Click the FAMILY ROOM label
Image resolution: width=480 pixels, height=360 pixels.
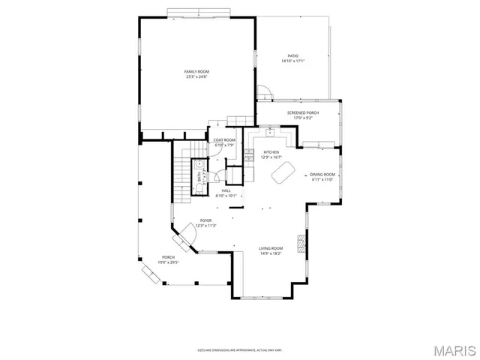(196, 73)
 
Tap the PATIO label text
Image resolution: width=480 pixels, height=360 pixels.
(293, 58)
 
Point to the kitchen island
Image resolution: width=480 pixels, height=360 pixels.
(283, 174)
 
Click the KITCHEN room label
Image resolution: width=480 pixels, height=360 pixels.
(271, 154)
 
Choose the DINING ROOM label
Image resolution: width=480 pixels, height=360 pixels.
(322, 177)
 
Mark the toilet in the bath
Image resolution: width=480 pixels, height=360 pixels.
(200, 187)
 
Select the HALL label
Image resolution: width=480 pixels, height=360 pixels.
(225, 193)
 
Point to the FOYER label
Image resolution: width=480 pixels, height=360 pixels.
(205, 223)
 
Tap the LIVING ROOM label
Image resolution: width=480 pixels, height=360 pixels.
(271, 250)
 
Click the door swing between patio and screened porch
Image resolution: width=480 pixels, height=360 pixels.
(263, 92)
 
